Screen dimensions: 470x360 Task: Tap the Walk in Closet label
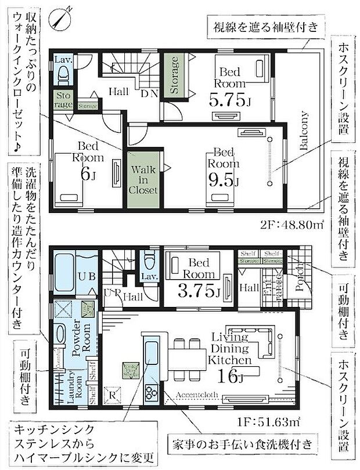coord(142,178)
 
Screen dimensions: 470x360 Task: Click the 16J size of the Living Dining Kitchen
coord(231,378)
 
